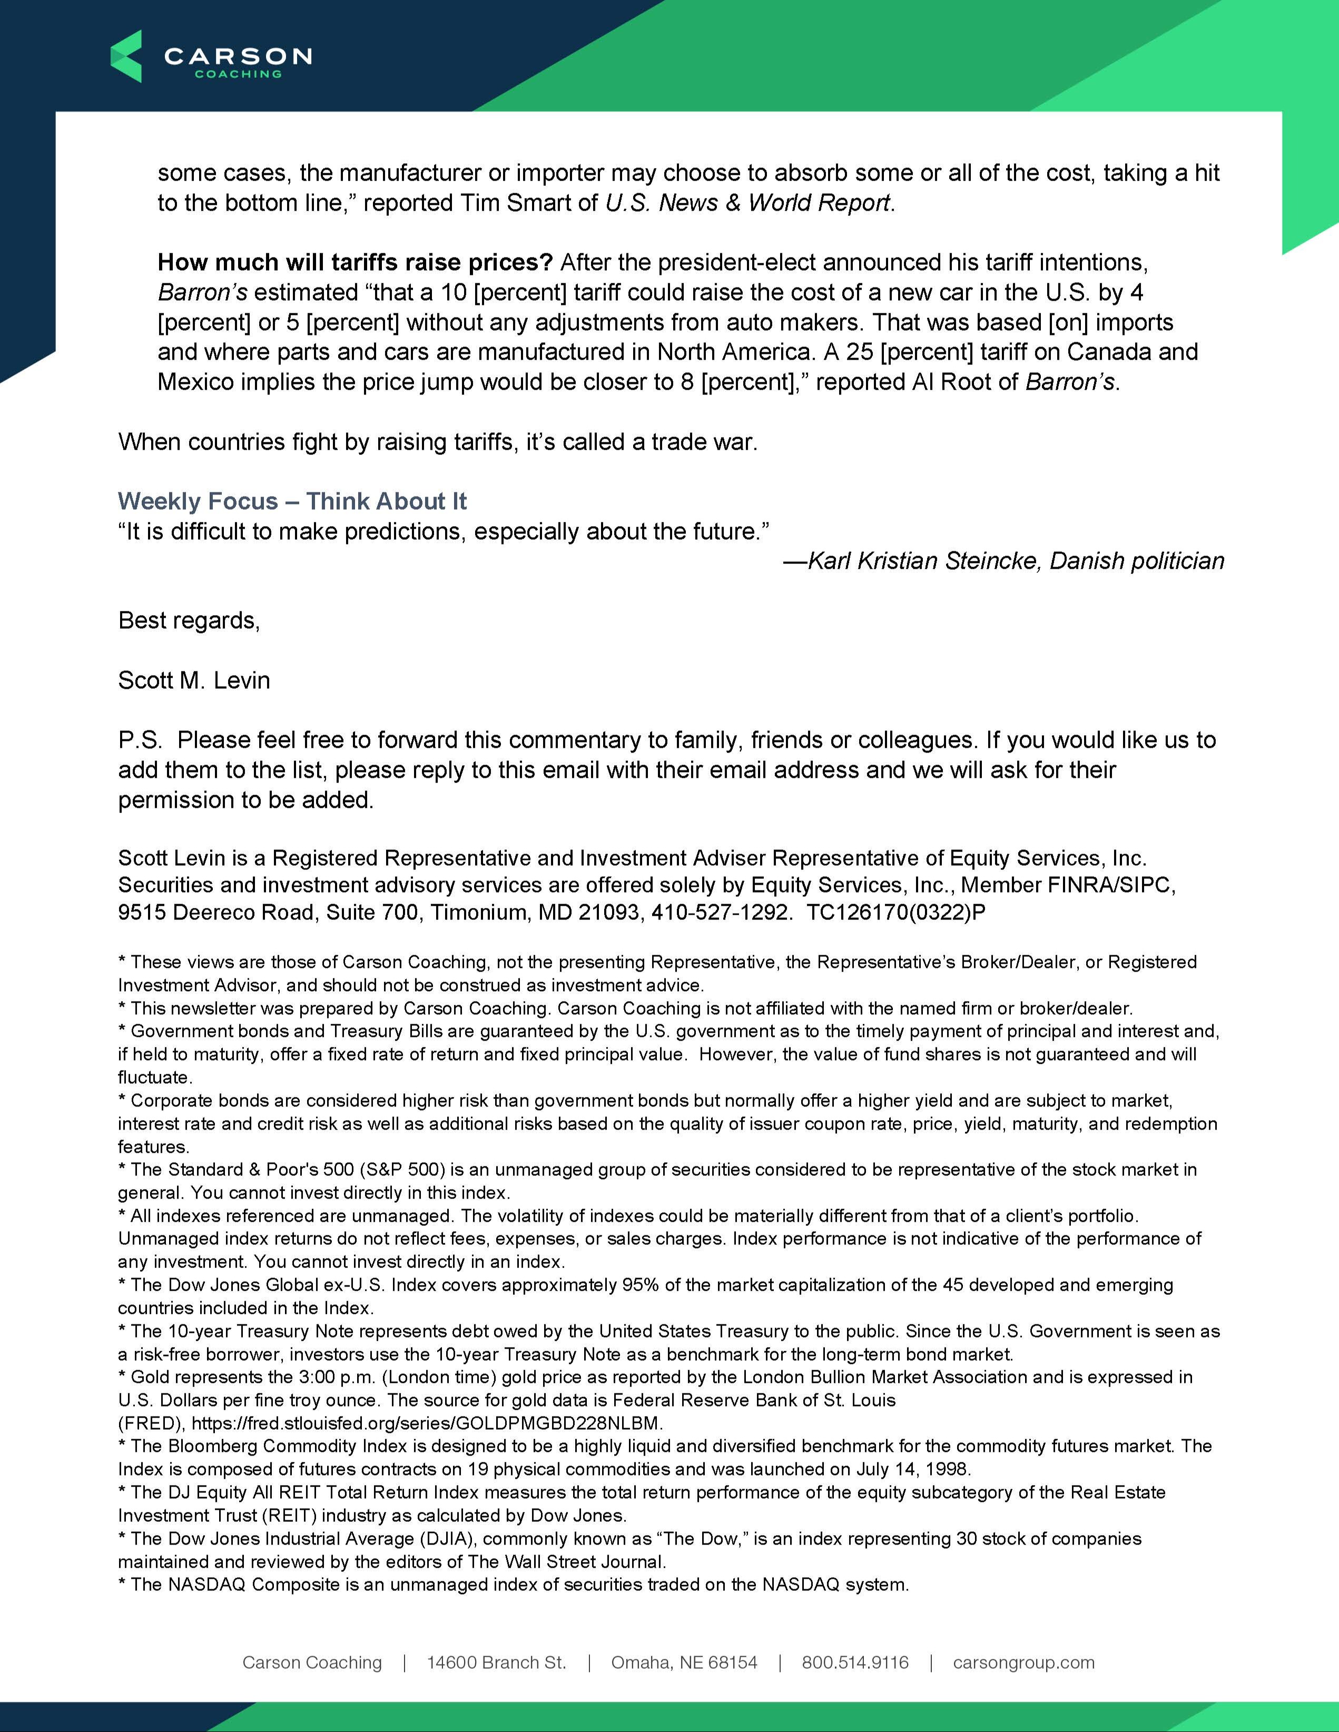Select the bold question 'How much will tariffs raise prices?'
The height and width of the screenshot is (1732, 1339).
pyautogui.click(x=355, y=262)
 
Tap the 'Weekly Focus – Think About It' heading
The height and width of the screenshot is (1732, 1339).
pyautogui.click(x=292, y=501)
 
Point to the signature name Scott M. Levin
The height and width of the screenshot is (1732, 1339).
pyautogui.click(x=193, y=680)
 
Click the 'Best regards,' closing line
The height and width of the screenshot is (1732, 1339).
pyautogui.click(x=189, y=620)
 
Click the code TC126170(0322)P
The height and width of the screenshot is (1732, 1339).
pyautogui.click(x=895, y=913)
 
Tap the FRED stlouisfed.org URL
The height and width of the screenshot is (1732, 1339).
pyautogui.click(x=427, y=1423)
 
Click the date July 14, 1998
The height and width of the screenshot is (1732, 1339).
pyautogui.click(x=913, y=1469)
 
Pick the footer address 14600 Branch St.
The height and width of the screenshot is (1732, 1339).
pyautogui.click(x=497, y=1663)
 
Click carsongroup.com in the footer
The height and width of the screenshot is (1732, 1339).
pyautogui.click(x=1023, y=1663)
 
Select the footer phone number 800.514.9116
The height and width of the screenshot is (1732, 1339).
pyautogui.click(x=855, y=1663)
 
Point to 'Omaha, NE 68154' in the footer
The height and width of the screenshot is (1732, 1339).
pyautogui.click(x=684, y=1663)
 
